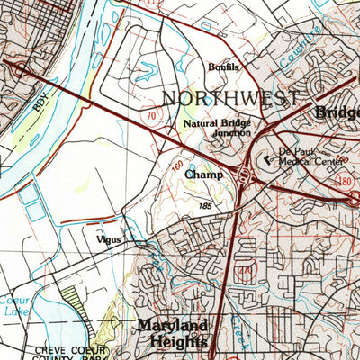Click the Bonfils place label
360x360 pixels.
click(223, 67)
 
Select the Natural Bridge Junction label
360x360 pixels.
click(217, 127)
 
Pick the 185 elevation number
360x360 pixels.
click(209, 207)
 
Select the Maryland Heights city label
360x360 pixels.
click(173, 332)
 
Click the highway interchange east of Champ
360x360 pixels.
click(244, 174)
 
